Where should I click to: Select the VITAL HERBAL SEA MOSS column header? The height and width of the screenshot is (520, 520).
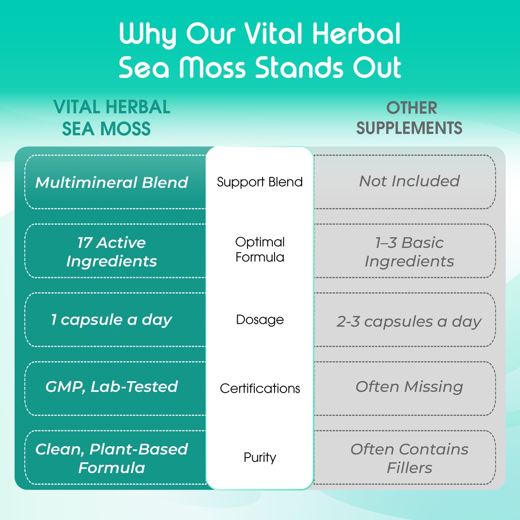(x=112, y=118)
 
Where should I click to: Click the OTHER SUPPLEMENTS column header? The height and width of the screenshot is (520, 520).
(x=409, y=118)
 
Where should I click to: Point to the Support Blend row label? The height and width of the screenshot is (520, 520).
(x=259, y=182)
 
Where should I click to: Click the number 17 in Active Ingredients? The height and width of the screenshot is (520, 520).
(x=85, y=243)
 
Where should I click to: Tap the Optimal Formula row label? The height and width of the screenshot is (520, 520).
(x=259, y=250)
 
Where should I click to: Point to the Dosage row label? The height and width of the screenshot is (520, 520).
(x=259, y=320)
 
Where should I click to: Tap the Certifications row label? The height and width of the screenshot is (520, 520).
(x=259, y=388)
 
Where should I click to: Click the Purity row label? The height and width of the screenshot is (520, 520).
(x=259, y=457)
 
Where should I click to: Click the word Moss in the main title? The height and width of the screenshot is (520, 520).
(x=213, y=67)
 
